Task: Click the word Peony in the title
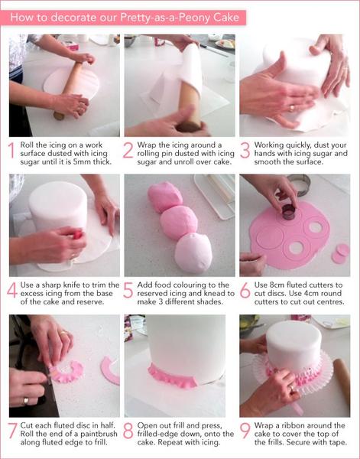195,18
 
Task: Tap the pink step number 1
11,150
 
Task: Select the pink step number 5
128,291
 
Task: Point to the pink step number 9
245,431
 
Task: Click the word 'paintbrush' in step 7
99,434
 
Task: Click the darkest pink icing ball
164,196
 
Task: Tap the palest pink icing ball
193,252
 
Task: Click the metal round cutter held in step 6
288,212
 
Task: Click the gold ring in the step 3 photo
291,109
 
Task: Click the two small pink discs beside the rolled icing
340,253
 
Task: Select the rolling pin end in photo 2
189,127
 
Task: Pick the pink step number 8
128,431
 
